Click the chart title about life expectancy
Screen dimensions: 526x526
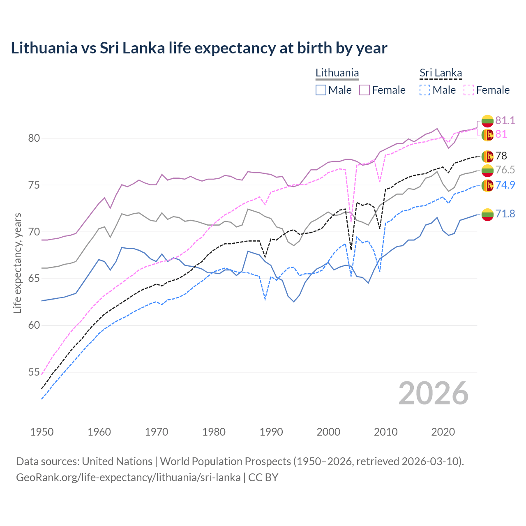[199, 48]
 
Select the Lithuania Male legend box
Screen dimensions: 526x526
[321, 90]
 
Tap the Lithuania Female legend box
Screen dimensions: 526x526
[365, 90]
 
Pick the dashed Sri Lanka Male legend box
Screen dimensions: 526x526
[425, 90]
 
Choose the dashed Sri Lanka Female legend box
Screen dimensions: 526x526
[469, 90]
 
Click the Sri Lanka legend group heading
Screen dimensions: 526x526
[441, 73]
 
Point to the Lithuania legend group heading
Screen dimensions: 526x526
[337, 73]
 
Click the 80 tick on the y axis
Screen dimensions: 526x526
[34, 138]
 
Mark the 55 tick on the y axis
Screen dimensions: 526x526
[34, 372]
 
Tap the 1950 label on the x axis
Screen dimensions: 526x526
[42, 432]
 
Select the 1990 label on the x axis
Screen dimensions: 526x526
[271, 432]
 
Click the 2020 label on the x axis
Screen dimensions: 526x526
[443, 432]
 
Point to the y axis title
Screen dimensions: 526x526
[17, 263]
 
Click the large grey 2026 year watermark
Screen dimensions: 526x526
[433, 394]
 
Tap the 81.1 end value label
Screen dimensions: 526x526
[505, 120]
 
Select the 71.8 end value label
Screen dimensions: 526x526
[505, 214]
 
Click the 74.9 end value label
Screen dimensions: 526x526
[505, 185]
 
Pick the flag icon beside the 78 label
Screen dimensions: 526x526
[487, 156]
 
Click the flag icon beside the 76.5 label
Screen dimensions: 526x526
[487, 170]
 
